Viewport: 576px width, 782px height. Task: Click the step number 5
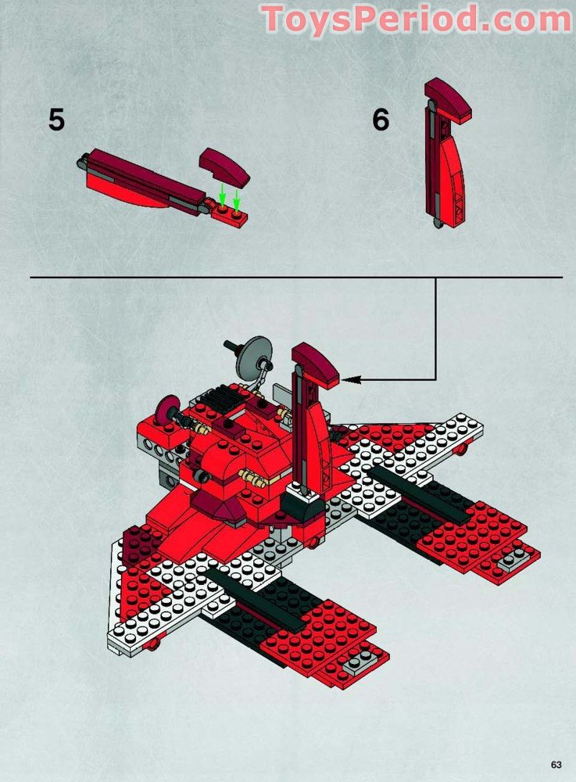(x=56, y=120)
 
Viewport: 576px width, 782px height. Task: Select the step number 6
(x=381, y=120)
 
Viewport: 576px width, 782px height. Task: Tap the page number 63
(x=556, y=764)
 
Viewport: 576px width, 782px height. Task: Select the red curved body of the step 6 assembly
(x=453, y=172)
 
